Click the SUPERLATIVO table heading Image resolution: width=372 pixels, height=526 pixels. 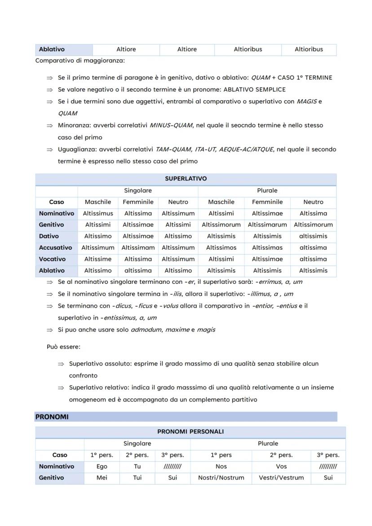tap(186, 179)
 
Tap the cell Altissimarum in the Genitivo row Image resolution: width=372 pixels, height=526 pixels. tap(267, 225)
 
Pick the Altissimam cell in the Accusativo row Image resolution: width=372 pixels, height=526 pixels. tap(138, 248)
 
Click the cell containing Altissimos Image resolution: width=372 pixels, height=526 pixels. tap(221, 248)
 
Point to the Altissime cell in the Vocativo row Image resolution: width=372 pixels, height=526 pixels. tap(98, 259)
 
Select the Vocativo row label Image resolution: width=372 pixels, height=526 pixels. tap(52, 259)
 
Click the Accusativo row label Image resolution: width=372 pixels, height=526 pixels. tap(55, 248)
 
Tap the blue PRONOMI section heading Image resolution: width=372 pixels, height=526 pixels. tap(52, 417)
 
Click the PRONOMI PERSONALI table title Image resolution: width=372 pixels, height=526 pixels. tap(190, 432)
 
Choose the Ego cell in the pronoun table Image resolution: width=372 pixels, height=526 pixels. tap(102, 466)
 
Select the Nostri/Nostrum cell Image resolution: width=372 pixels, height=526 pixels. tap(221, 477)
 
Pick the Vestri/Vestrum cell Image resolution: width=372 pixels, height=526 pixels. tap(281, 477)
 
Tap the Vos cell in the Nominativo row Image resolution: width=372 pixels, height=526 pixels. tap(281, 466)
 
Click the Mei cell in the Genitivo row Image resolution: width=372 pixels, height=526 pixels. tap(102, 477)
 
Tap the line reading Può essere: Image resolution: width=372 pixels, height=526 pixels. tap(63, 347)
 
